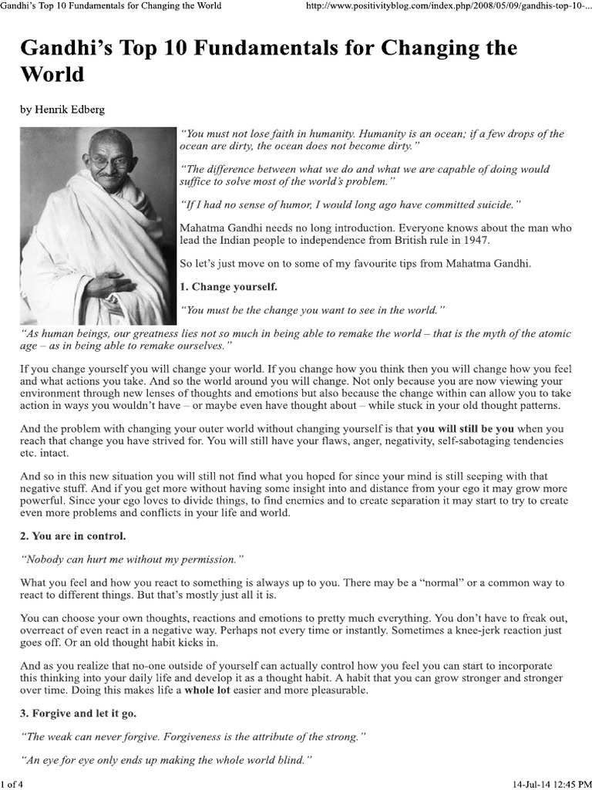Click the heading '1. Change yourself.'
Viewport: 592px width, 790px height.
click(x=228, y=287)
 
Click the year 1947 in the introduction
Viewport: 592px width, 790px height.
click(x=473, y=240)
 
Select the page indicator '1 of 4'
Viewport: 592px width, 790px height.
click(x=14, y=783)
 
